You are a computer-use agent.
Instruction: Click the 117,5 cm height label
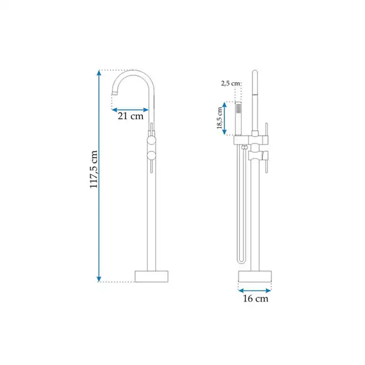pyautogui.click(x=94, y=169)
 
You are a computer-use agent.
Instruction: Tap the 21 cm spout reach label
pyautogui.click(x=130, y=116)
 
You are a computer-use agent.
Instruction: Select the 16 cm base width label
pyautogui.click(x=255, y=299)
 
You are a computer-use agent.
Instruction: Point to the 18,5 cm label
pyautogui.click(x=220, y=118)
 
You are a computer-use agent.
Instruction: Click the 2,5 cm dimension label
pyautogui.click(x=230, y=83)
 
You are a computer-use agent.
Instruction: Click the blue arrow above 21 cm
pyautogui.click(x=130, y=110)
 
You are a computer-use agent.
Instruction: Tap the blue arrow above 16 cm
pyautogui.click(x=255, y=291)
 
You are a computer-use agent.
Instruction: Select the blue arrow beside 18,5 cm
pyautogui.click(x=224, y=118)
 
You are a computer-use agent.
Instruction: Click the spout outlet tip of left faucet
pyautogui.click(x=115, y=93)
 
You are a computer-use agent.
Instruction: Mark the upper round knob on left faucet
pyautogui.click(x=151, y=141)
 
